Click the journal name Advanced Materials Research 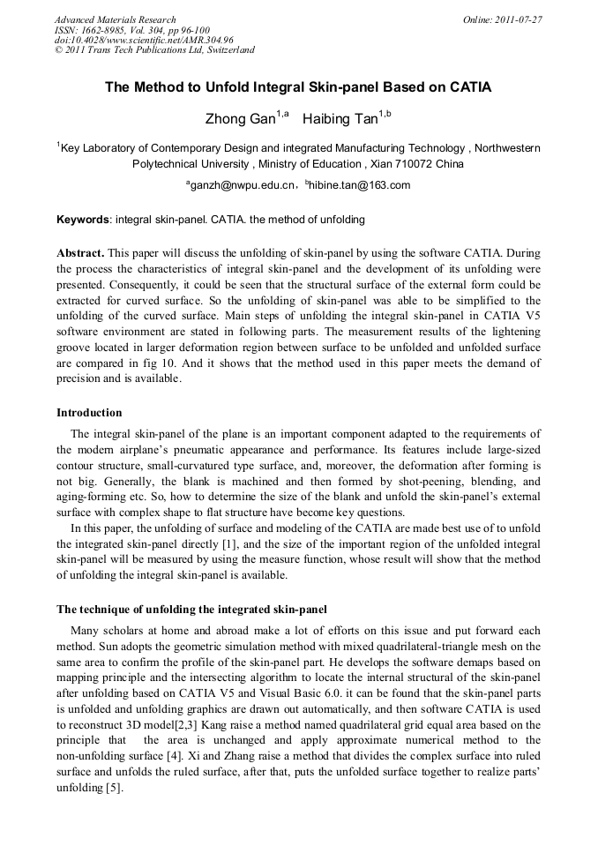point(115,19)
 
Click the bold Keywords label point(83,219)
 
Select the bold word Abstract point(80,252)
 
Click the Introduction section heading point(89,413)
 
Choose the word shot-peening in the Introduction point(418,483)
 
